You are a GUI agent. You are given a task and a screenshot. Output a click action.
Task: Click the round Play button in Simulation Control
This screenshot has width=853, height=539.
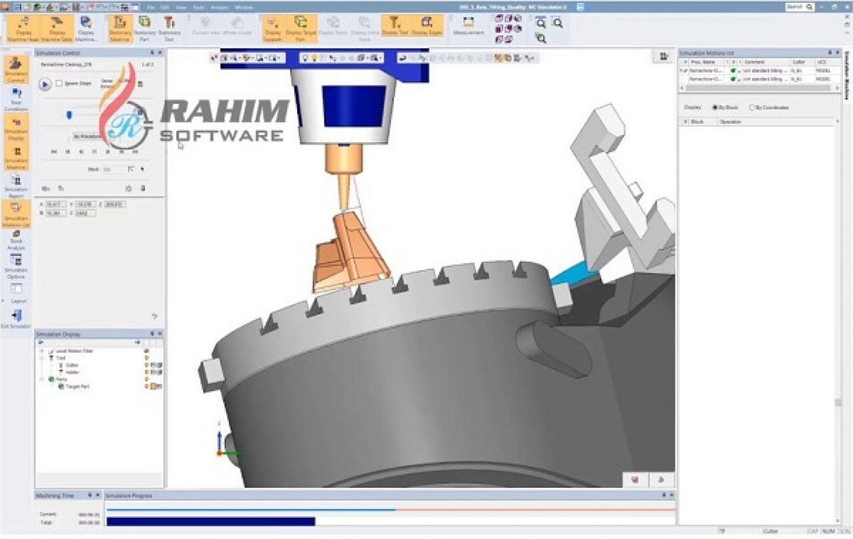click(45, 84)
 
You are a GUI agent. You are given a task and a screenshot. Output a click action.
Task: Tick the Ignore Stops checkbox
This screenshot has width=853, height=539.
click(59, 83)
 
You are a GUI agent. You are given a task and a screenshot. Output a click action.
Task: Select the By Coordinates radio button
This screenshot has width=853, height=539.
click(752, 107)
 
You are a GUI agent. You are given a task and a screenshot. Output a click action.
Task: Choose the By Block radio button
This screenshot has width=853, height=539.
click(715, 107)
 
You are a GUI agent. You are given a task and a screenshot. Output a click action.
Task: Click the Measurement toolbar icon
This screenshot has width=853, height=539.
click(468, 26)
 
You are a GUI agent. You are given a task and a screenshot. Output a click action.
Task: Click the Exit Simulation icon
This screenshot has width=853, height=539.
click(16, 318)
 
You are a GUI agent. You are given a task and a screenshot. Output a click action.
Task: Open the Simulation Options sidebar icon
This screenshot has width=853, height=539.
click(16, 266)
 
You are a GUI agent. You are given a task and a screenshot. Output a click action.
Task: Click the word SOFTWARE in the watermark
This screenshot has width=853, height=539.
click(222, 136)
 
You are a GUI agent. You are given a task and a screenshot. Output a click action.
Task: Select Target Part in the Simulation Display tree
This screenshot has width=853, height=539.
click(77, 386)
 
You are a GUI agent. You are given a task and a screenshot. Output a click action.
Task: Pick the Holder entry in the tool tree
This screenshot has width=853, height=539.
click(73, 372)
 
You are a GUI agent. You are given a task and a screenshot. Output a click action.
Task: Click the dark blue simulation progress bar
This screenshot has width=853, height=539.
click(210, 521)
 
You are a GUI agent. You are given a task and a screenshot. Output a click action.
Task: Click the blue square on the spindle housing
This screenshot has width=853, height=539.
click(354, 106)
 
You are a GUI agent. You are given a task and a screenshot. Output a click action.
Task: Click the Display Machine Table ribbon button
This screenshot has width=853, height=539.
click(57, 28)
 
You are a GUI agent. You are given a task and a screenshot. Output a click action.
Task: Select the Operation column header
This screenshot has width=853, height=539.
click(730, 122)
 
